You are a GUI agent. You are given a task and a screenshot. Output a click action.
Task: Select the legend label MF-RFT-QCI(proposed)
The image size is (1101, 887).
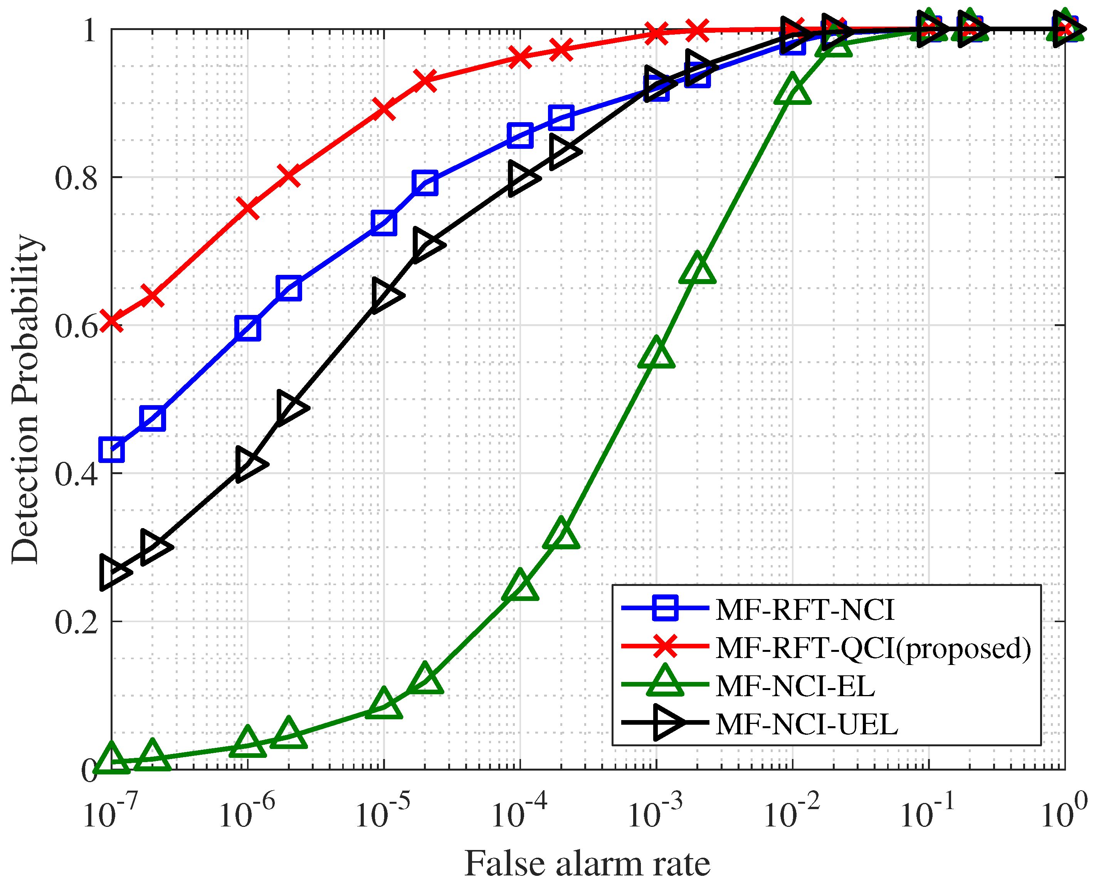[x=873, y=648]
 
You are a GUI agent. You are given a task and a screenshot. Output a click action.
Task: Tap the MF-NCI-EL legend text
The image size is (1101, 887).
[x=795, y=686]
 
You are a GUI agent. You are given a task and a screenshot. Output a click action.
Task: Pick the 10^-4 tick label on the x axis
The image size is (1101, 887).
[x=518, y=812]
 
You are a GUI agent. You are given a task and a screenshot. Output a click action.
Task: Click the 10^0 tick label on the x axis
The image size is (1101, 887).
[x=1064, y=812]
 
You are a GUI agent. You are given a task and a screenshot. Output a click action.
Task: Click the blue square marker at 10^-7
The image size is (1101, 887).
[x=111, y=449]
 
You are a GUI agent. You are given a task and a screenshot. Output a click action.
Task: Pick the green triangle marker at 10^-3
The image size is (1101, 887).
[x=657, y=353]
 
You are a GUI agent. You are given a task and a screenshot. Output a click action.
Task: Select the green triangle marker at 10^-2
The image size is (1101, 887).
[x=793, y=90]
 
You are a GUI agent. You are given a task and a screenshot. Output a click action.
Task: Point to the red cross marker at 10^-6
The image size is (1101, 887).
[x=248, y=208]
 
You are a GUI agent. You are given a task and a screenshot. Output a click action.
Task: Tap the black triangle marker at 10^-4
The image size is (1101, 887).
[x=522, y=178]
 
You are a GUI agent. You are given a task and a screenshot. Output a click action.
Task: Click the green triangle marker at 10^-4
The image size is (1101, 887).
[x=520, y=586]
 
